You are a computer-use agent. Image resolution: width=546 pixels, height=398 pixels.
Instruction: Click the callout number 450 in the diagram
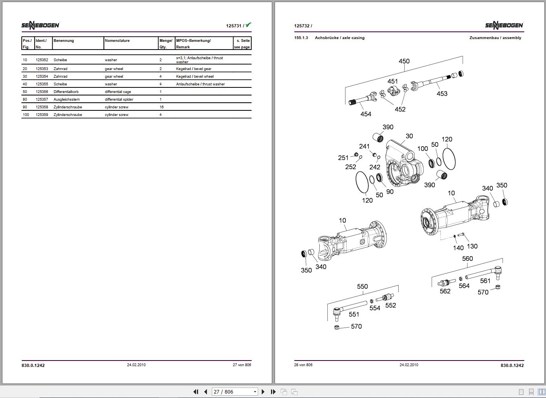click(404, 61)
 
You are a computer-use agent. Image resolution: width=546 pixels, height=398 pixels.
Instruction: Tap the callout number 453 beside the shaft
click(442, 93)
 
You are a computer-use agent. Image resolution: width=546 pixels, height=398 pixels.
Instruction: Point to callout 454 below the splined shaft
click(366, 114)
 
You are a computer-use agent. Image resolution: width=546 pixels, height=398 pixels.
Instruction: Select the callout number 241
click(364, 146)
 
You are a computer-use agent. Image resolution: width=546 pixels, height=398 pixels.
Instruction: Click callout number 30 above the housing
click(409, 136)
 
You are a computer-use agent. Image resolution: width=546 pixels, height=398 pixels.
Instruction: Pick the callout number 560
click(467, 259)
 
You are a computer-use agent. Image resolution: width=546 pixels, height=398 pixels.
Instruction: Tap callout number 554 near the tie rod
click(374, 308)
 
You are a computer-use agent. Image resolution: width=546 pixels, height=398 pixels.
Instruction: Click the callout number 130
click(472, 246)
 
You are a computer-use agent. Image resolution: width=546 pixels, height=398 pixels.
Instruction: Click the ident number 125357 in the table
click(42, 99)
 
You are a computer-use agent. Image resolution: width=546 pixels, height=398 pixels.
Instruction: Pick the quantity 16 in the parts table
click(161, 107)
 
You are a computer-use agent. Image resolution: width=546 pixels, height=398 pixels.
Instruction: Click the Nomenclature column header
click(117, 40)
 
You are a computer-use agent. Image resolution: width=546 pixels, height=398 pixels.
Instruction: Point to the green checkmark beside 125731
click(248, 25)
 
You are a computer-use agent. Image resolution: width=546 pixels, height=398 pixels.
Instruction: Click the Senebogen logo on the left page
click(40, 25)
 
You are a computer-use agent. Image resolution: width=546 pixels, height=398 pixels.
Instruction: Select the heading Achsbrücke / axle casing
click(339, 38)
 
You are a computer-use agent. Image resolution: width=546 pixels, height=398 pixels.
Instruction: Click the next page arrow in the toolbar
click(263, 392)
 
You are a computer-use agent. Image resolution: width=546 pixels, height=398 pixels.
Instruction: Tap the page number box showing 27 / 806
click(235, 392)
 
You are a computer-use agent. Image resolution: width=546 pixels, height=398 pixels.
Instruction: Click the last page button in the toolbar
click(273, 392)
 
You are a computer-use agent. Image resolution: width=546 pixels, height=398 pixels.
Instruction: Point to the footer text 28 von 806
click(303, 365)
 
